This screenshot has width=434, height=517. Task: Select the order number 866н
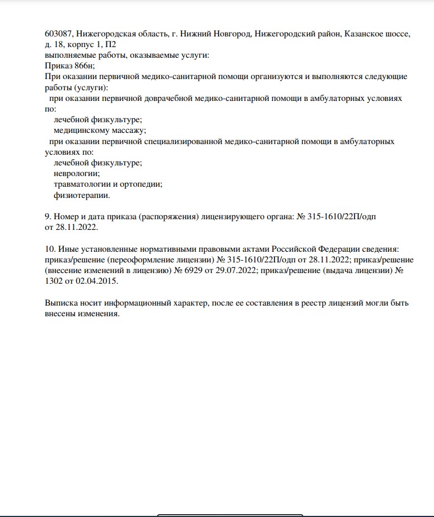tap(83, 66)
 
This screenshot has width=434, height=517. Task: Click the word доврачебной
tap(168, 98)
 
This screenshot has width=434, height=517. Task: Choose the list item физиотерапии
tap(82, 195)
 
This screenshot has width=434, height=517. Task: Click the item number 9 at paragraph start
tap(48, 216)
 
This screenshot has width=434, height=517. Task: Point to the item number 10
tap(50, 249)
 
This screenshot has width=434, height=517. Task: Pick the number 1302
tap(55, 281)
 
